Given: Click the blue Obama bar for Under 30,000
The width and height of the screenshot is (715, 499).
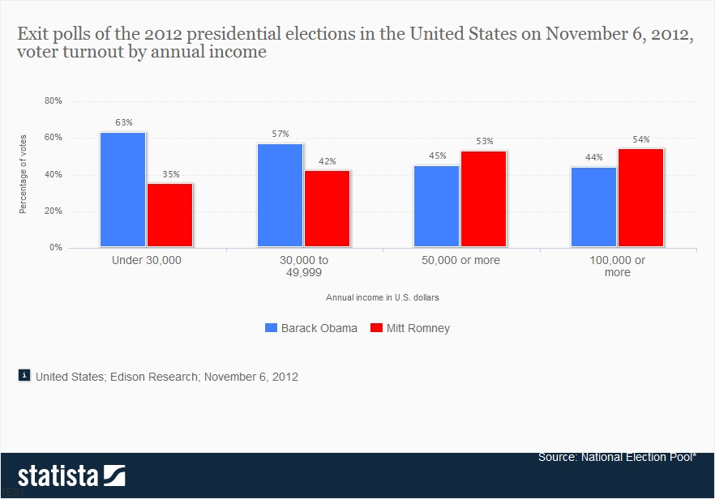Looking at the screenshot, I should click(123, 190).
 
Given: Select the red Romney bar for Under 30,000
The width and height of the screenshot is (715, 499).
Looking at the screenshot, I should click(170, 215).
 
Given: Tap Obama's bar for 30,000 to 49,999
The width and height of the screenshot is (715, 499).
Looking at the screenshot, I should click(280, 195).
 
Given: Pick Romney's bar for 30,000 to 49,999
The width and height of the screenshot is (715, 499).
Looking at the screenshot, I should click(327, 209).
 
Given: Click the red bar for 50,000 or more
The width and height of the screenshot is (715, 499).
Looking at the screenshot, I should click(483, 199).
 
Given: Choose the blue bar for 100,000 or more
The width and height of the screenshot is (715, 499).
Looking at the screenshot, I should click(593, 207).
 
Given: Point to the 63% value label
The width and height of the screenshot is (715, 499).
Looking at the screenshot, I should click(123, 122).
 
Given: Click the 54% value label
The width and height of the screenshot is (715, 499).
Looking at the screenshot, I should click(641, 139).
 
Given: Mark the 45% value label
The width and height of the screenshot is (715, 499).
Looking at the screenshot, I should click(437, 156).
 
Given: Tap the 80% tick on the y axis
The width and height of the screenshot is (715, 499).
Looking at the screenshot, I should click(54, 101).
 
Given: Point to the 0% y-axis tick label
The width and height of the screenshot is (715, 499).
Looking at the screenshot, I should click(56, 248).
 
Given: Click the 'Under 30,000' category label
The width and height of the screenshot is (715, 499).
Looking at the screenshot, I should click(147, 261).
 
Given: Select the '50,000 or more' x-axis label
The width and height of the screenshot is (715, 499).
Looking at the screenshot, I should click(460, 261).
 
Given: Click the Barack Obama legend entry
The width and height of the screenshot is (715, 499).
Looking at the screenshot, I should click(311, 328).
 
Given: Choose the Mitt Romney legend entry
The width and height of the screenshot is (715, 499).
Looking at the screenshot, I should click(409, 328).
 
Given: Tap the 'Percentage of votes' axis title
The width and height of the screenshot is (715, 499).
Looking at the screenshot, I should click(24, 174).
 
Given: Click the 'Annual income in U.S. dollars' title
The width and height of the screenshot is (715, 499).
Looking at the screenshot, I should click(383, 297).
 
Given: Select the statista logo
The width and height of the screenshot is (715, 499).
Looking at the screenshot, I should click(71, 474).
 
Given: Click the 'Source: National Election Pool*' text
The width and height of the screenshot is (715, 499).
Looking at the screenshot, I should click(616, 458).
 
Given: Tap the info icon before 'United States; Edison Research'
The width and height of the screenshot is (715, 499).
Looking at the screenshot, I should click(24, 375).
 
